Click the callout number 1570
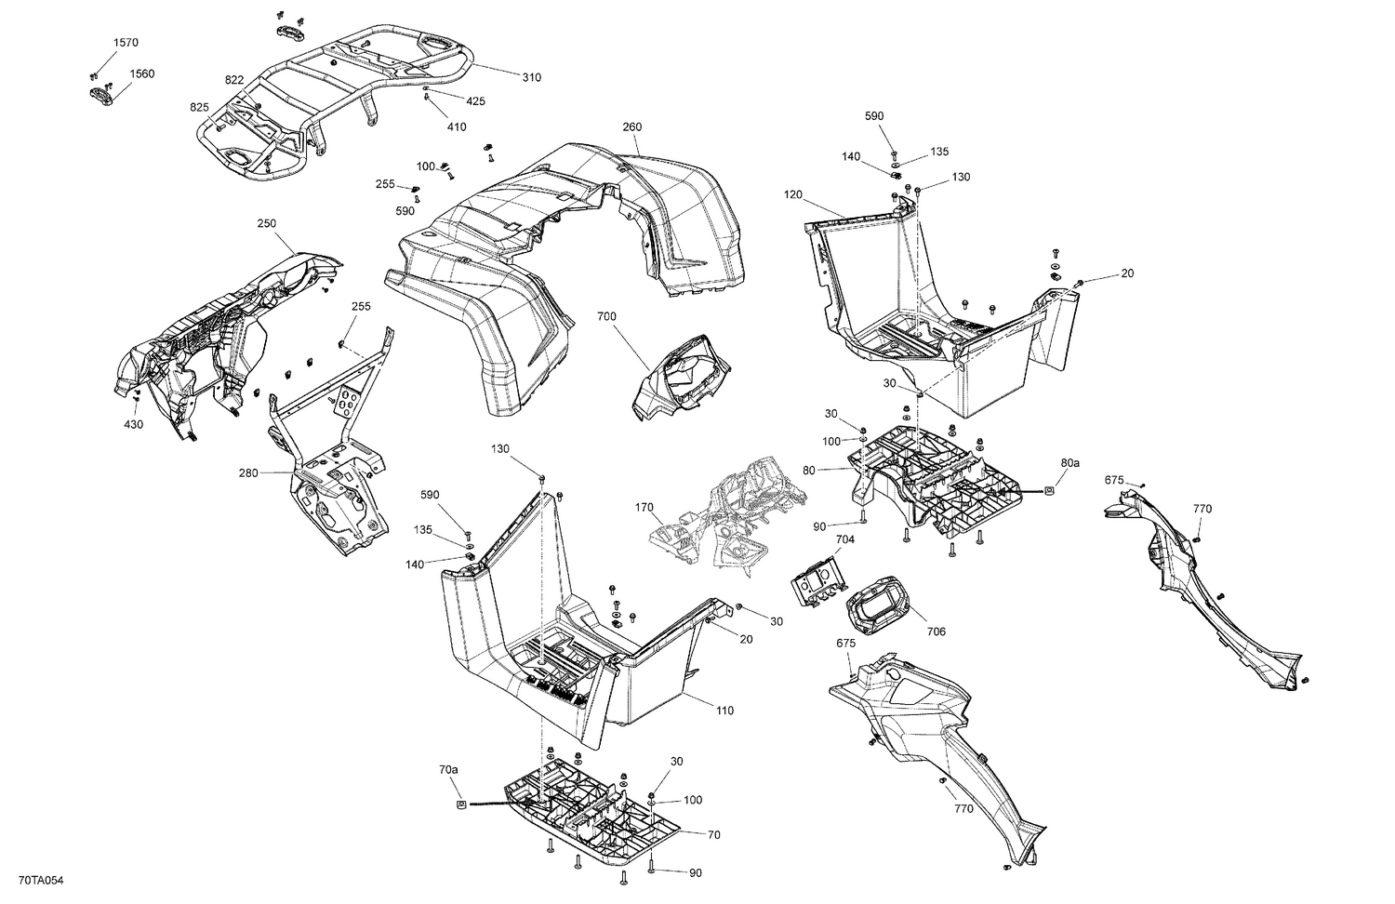click(x=126, y=43)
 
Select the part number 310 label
click(x=531, y=77)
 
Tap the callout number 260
click(x=631, y=126)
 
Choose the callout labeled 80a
click(x=1069, y=462)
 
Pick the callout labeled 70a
click(x=448, y=770)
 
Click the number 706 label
click(x=936, y=631)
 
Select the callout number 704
click(x=844, y=538)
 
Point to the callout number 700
click(x=606, y=317)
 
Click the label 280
click(x=248, y=472)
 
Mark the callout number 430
click(x=133, y=424)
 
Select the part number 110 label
click(x=724, y=711)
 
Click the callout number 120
click(x=792, y=195)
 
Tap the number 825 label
click(x=200, y=107)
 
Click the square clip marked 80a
click(x=1049, y=489)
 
